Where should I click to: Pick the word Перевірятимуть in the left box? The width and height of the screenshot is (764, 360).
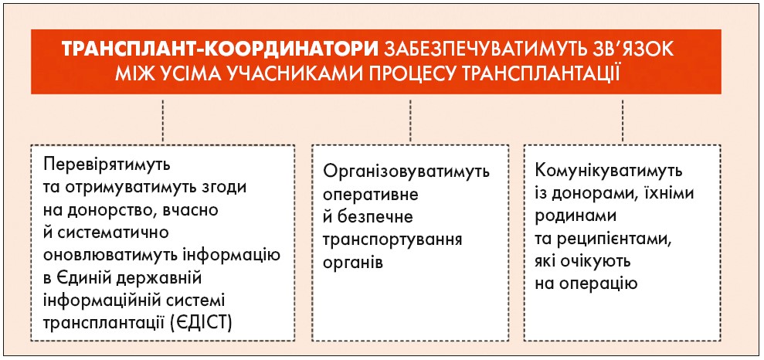pyautogui.click(x=107, y=165)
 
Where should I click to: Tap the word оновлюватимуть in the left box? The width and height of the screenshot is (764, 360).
pyautogui.click(x=122, y=255)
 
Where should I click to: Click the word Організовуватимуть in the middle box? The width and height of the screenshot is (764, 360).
pyautogui.click(x=406, y=172)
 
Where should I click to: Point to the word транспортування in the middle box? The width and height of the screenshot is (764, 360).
pyautogui.click(x=392, y=241)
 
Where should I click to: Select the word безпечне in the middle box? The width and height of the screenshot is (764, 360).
pyautogui.click(x=375, y=218)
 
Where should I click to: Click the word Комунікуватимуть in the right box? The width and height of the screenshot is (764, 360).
pyautogui.click(x=608, y=172)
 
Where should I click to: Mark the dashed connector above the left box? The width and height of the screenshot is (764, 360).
pyautogui.click(x=163, y=121)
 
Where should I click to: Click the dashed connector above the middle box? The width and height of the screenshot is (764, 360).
pyautogui.click(x=410, y=121)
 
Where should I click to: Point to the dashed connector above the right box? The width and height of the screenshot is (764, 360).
pyautogui.click(x=623, y=121)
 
